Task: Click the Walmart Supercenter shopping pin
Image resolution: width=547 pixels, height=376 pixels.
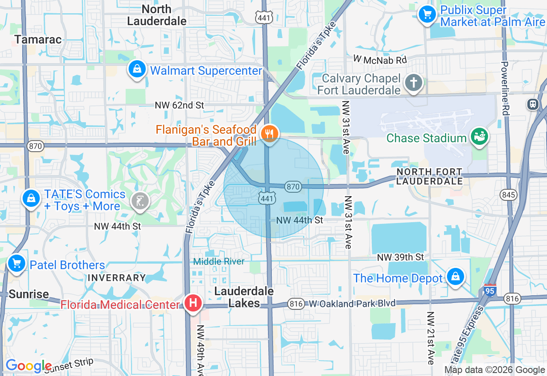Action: [137, 69]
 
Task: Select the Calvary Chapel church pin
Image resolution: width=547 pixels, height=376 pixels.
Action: [414, 82]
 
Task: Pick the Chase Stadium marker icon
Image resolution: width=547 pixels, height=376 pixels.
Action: [479, 137]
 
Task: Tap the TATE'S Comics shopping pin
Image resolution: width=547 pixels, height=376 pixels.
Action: [31, 198]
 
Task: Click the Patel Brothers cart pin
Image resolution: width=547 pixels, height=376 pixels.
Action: [17, 263]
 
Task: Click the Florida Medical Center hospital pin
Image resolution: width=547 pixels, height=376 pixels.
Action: [193, 303]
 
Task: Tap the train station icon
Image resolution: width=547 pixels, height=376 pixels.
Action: [533, 104]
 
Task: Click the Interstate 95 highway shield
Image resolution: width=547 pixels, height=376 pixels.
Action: [490, 291]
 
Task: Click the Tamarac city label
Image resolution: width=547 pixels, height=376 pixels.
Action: [38, 40]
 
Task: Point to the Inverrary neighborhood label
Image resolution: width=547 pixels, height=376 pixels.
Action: [117, 278]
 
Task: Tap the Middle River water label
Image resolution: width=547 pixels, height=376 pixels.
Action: [219, 261]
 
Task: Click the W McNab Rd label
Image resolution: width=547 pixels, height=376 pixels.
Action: [380, 60]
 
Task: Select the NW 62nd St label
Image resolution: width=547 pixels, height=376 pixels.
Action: [180, 105]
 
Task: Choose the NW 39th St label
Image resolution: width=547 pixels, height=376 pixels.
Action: [400, 257]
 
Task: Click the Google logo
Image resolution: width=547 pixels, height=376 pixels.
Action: [28, 366]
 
